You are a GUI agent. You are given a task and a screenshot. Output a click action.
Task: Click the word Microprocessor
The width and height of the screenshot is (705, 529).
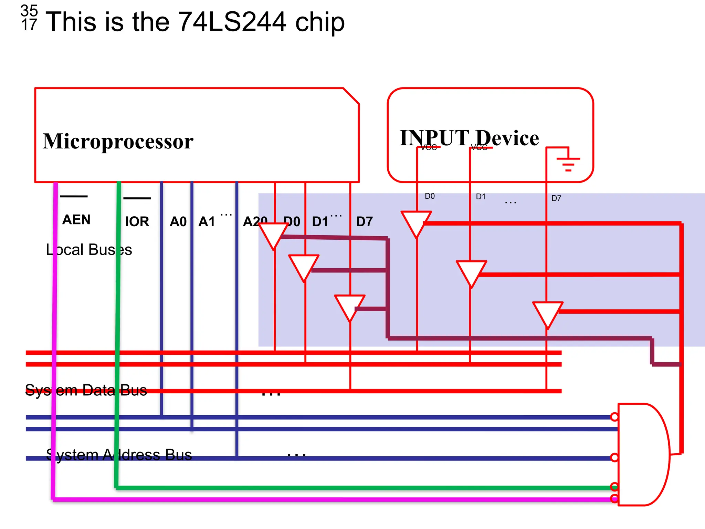point(118,141)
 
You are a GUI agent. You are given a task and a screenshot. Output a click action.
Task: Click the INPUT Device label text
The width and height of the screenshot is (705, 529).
point(469,138)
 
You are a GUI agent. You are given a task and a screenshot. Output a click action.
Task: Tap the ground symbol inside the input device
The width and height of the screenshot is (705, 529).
point(568,163)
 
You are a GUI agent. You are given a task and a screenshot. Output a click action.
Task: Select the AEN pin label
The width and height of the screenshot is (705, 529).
point(76,220)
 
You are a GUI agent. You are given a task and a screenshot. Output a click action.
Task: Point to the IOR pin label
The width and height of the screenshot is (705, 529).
point(137,221)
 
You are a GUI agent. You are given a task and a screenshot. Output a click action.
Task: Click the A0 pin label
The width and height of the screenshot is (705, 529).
point(178,221)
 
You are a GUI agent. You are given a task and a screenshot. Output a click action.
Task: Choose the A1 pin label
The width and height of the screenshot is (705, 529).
point(207,221)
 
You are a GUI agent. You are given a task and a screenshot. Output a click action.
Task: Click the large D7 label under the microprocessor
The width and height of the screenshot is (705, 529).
point(364,221)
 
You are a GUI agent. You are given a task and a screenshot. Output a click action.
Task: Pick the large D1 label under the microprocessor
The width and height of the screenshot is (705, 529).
point(320,221)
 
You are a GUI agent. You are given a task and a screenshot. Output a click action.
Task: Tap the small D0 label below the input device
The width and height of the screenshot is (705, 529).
point(430,196)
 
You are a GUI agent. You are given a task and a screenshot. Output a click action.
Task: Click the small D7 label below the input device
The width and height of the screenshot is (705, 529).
point(556,198)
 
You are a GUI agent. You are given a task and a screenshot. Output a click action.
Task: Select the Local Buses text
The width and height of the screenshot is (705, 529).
point(89,250)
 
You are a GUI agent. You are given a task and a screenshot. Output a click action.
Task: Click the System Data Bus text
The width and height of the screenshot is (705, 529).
point(86,390)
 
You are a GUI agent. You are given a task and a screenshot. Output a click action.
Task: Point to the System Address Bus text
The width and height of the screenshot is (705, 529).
point(119,455)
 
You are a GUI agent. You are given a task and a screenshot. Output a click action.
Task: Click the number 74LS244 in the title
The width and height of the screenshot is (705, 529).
point(232,22)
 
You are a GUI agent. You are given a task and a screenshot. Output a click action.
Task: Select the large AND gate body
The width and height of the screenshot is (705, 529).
point(642,455)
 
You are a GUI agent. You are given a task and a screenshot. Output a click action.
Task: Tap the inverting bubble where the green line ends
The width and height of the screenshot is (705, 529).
point(614,487)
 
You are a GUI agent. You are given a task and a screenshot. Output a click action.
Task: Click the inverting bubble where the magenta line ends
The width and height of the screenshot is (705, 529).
point(614,498)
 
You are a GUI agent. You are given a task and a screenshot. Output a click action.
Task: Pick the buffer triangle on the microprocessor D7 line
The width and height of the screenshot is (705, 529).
point(350,305)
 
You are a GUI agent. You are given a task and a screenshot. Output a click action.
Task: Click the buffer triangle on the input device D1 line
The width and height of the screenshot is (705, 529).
point(471,271)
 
